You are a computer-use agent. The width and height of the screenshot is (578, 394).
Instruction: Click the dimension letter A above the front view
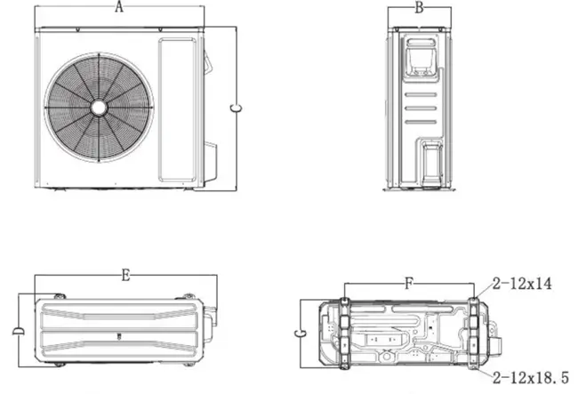click(x=118, y=6)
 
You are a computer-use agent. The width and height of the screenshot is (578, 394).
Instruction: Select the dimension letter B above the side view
click(x=419, y=8)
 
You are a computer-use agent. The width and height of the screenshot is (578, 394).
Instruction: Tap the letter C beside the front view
click(x=236, y=109)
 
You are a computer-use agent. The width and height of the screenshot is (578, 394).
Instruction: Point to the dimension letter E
click(x=125, y=275)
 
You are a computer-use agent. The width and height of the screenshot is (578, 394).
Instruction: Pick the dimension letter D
click(x=18, y=331)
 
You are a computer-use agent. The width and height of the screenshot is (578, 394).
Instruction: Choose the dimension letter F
click(x=408, y=284)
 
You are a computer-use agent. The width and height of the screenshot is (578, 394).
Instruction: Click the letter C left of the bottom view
click(x=300, y=334)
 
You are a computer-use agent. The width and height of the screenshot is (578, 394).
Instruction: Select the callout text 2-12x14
click(x=522, y=284)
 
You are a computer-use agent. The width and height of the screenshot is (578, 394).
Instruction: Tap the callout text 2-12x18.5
click(x=531, y=378)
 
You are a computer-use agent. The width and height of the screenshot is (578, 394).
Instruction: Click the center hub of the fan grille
click(x=99, y=108)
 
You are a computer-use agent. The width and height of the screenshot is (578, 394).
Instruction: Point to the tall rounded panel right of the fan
click(x=177, y=109)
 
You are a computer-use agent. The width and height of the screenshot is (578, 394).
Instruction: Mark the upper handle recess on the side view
click(x=421, y=60)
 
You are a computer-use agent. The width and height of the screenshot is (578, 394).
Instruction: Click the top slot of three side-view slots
click(x=421, y=95)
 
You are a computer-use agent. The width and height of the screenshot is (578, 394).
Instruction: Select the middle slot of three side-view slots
click(x=421, y=109)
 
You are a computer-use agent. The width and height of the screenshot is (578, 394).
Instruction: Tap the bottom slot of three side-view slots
click(x=421, y=122)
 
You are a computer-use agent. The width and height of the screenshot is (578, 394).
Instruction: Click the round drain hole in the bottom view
click(x=387, y=357)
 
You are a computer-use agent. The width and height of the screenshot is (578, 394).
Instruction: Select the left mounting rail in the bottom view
click(x=344, y=334)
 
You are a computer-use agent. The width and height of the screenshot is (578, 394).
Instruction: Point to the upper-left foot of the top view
click(x=60, y=296)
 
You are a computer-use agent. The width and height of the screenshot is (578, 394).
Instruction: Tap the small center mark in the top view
click(x=118, y=336)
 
